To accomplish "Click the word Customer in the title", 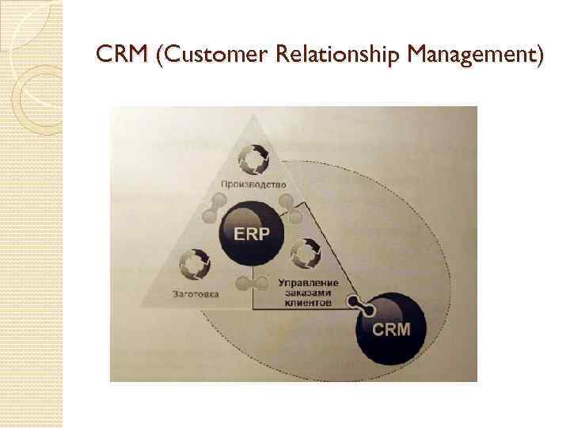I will click(x=208, y=55).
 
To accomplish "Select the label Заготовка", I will click(x=195, y=294).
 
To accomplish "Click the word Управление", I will click(x=308, y=282).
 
